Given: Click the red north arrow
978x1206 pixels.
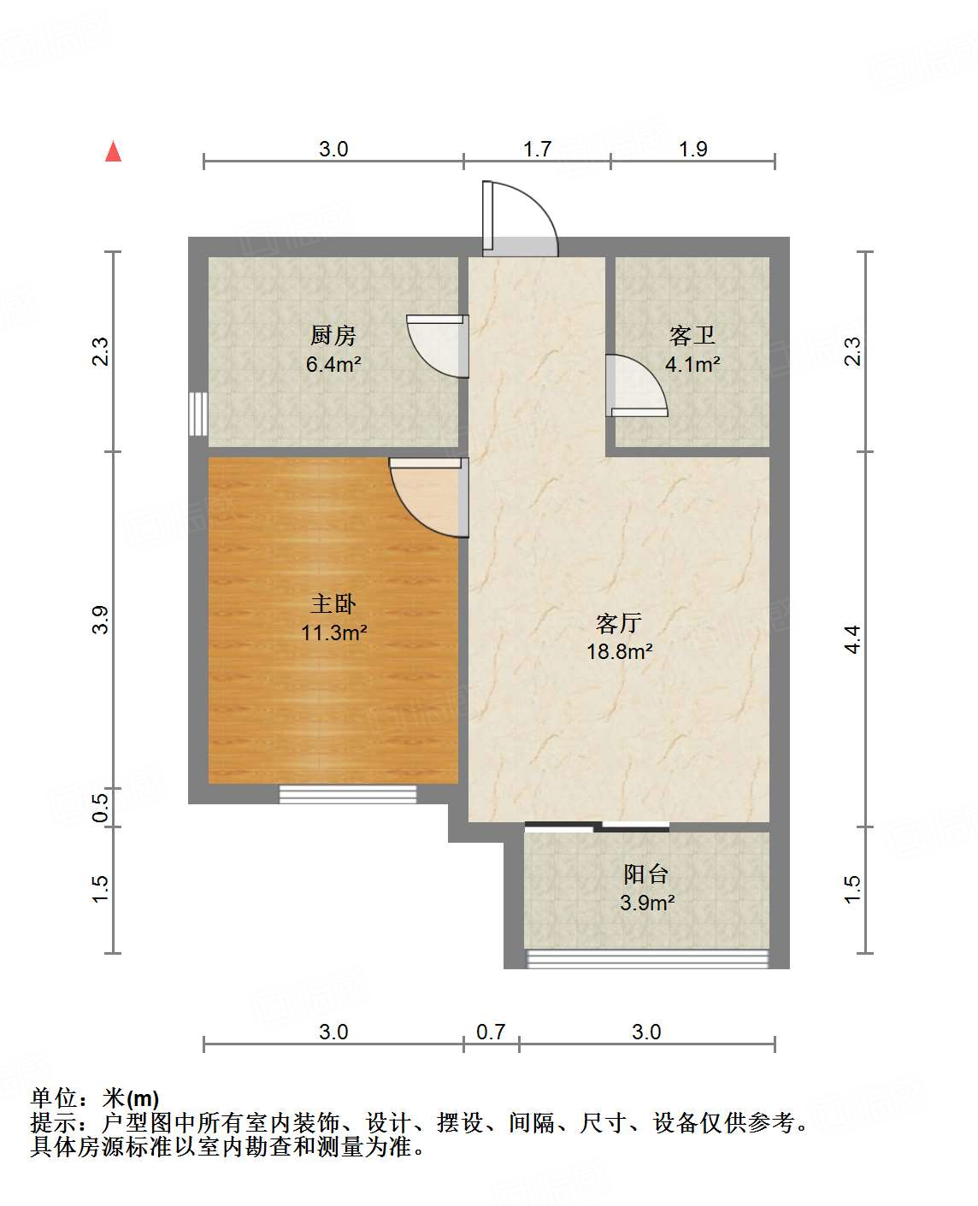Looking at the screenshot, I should click(x=113, y=151).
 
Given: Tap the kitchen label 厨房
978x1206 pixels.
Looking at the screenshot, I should click(x=333, y=335).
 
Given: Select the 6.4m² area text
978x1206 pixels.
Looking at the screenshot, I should click(x=333, y=365).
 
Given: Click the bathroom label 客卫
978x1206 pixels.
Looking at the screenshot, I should click(x=692, y=335).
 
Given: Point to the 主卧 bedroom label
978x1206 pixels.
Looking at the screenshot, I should click(x=333, y=604).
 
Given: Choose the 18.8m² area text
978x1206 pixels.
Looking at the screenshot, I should click(x=619, y=651).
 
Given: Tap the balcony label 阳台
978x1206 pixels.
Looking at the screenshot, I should click(x=645, y=874).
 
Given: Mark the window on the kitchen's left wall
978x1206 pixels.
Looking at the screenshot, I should click(x=198, y=415).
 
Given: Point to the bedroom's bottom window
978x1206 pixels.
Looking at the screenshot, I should click(x=348, y=794).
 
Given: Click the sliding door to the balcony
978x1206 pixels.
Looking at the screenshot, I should click(x=597, y=826).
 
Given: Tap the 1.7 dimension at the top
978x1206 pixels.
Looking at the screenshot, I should click(x=537, y=149).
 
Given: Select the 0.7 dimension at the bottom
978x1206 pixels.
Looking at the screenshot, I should click(x=491, y=1032).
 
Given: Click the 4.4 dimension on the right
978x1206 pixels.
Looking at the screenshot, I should click(x=851, y=639).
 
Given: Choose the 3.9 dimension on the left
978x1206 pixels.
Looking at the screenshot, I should click(x=101, y=620).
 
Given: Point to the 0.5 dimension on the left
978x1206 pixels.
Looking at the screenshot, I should click(x=101, y=808).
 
